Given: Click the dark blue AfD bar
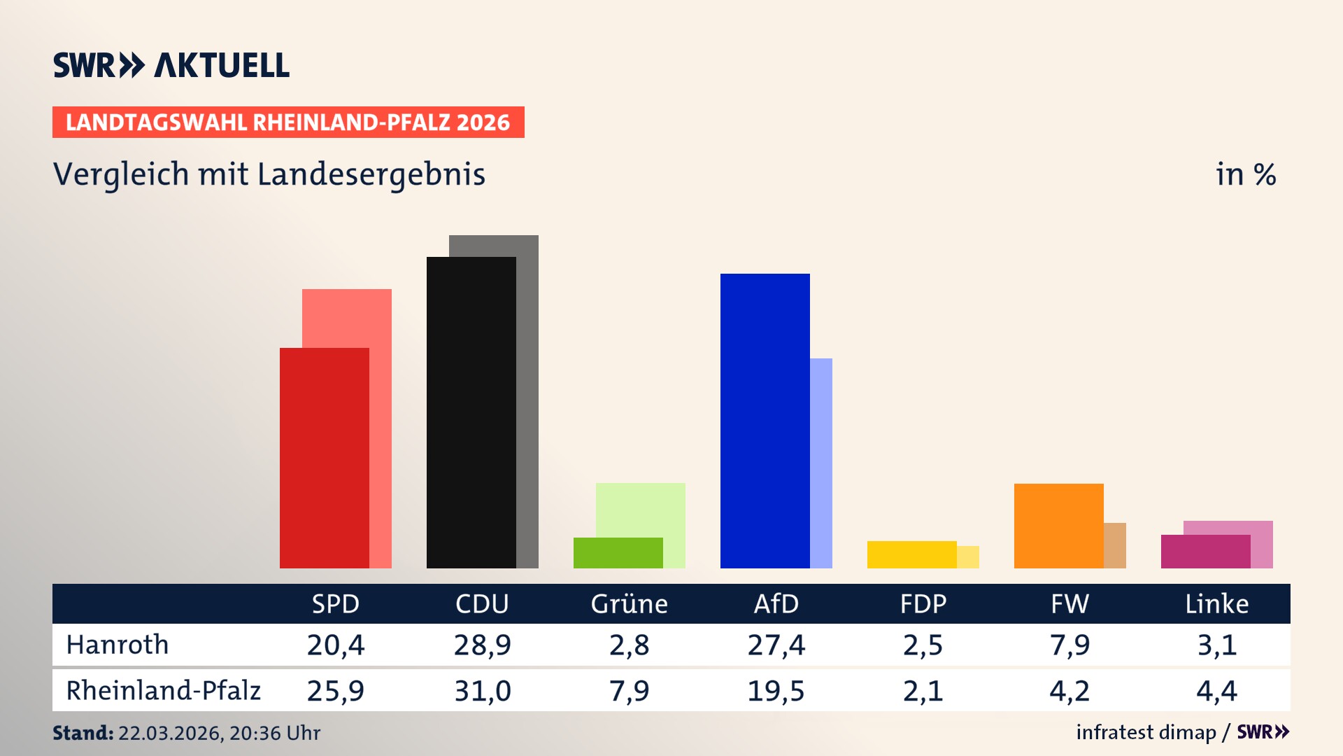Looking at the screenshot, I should pyautogui.click(x=765, y=420).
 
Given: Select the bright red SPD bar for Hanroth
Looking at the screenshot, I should pyautogui.click(x=324, y=458).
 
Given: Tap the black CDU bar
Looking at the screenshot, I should pyautogui.click(x=471, y=412).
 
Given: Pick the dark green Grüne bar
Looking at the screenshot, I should pyautogui.click(x=618, y=552).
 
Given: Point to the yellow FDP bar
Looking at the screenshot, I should pyautogui.click(x=911, y=554).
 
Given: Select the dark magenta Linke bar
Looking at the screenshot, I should pyautogui.click(x=1205, y=552).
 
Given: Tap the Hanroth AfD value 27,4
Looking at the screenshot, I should pyautogui.click(x=776, y=645).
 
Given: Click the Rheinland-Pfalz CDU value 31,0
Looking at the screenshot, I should pyautogui.click(x=482, y=691).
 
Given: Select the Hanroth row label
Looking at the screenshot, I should pyautogui.click(x=118, y=645).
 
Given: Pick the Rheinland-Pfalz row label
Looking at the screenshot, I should pyautogui.click(x=163, y=691).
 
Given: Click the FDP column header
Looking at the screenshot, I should pyautogui.click(x=923, y=603).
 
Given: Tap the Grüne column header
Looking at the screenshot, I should pyautogui.click(x=629, y=603).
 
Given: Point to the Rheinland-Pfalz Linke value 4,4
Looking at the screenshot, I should pyautogui.click(x=1216, y=691).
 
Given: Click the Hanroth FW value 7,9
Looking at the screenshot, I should pyautogui.click(x=1070, y=645).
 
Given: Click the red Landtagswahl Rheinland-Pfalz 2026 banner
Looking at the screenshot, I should pyautogui.click(x=288, y=122).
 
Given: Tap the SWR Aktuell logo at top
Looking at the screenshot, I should pyautogui.click(x=171, y=65).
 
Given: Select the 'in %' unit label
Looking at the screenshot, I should pyautogui.click(x=1245, y=174).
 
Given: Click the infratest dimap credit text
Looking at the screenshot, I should pyautogui.click(x=1146, y=732).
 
